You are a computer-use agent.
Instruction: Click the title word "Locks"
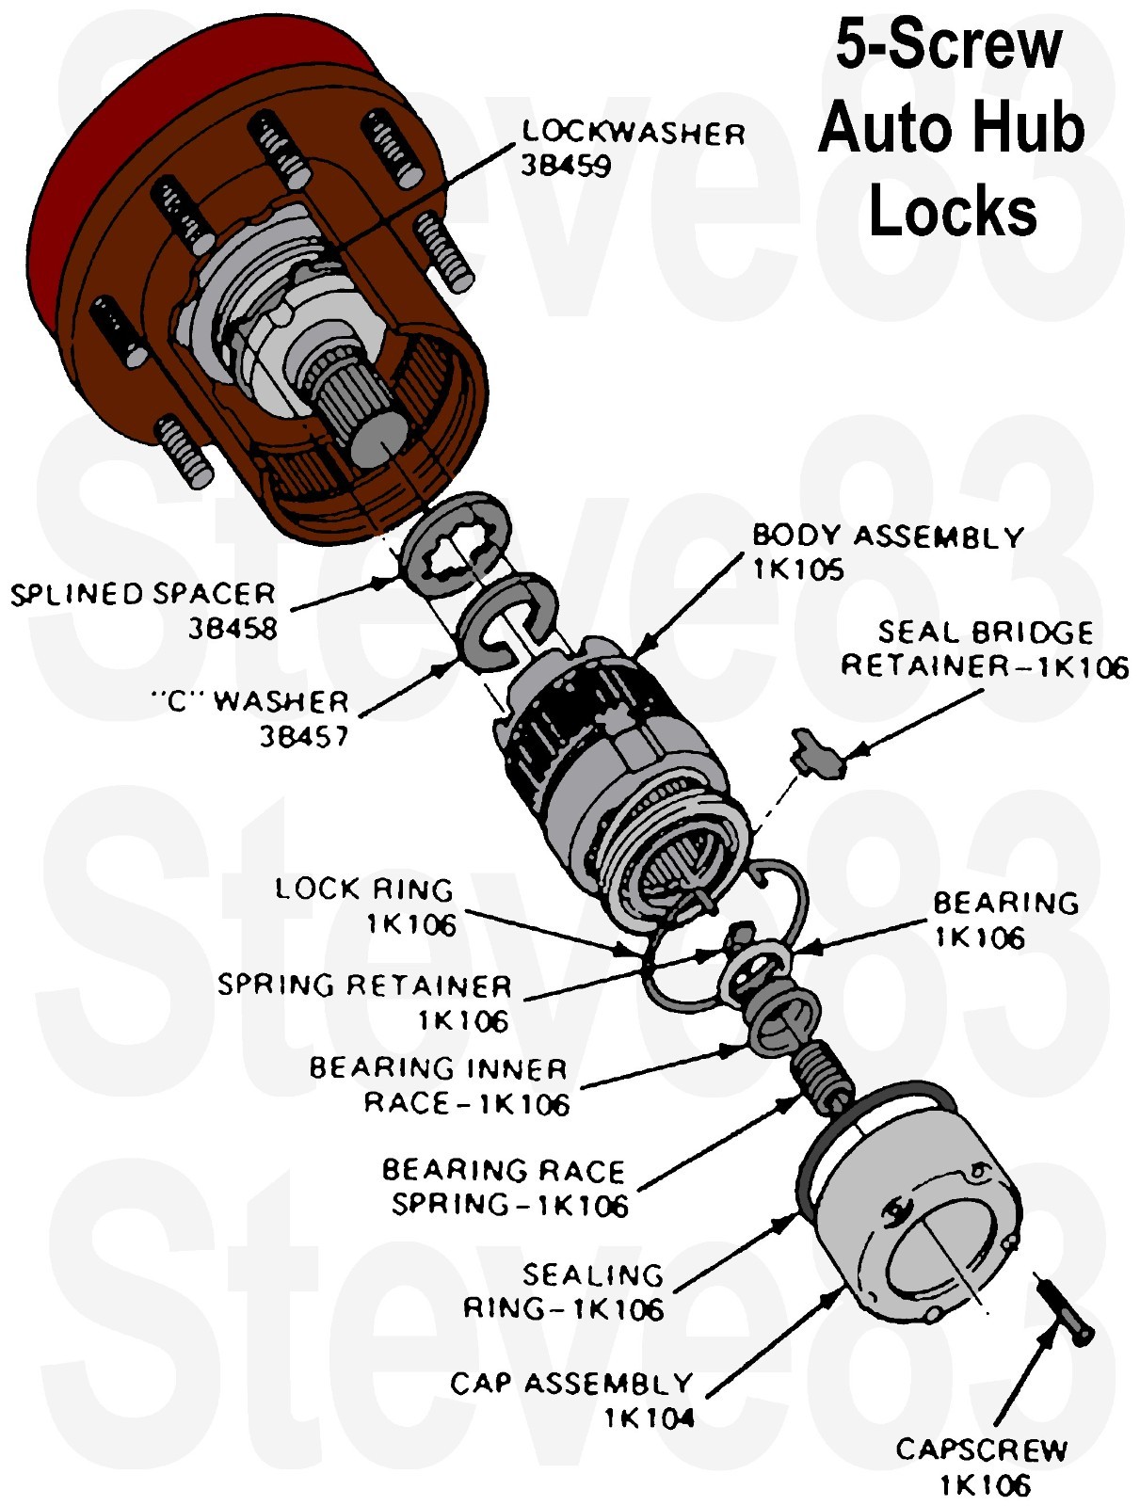coord(952,212)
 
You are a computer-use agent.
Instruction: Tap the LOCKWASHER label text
coord(634,133)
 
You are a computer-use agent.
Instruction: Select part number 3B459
coord(566,166)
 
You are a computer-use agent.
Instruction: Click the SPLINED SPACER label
coord(143,595)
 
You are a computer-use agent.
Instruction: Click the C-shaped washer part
coord(505,622)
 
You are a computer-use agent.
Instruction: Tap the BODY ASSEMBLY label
coord(888,537)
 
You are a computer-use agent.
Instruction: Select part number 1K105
coord(797,569)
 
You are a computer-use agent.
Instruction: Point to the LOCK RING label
coord(363,889)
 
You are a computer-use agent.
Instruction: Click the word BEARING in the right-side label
coord(1005,903)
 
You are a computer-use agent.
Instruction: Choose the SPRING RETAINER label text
coord(364,985)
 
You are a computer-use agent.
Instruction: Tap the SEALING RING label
coord(592,1275)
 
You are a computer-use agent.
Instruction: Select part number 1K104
coord(649,1418)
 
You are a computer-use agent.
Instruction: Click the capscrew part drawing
coord(1065,1308)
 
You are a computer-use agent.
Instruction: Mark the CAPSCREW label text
coord(981,1450)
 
